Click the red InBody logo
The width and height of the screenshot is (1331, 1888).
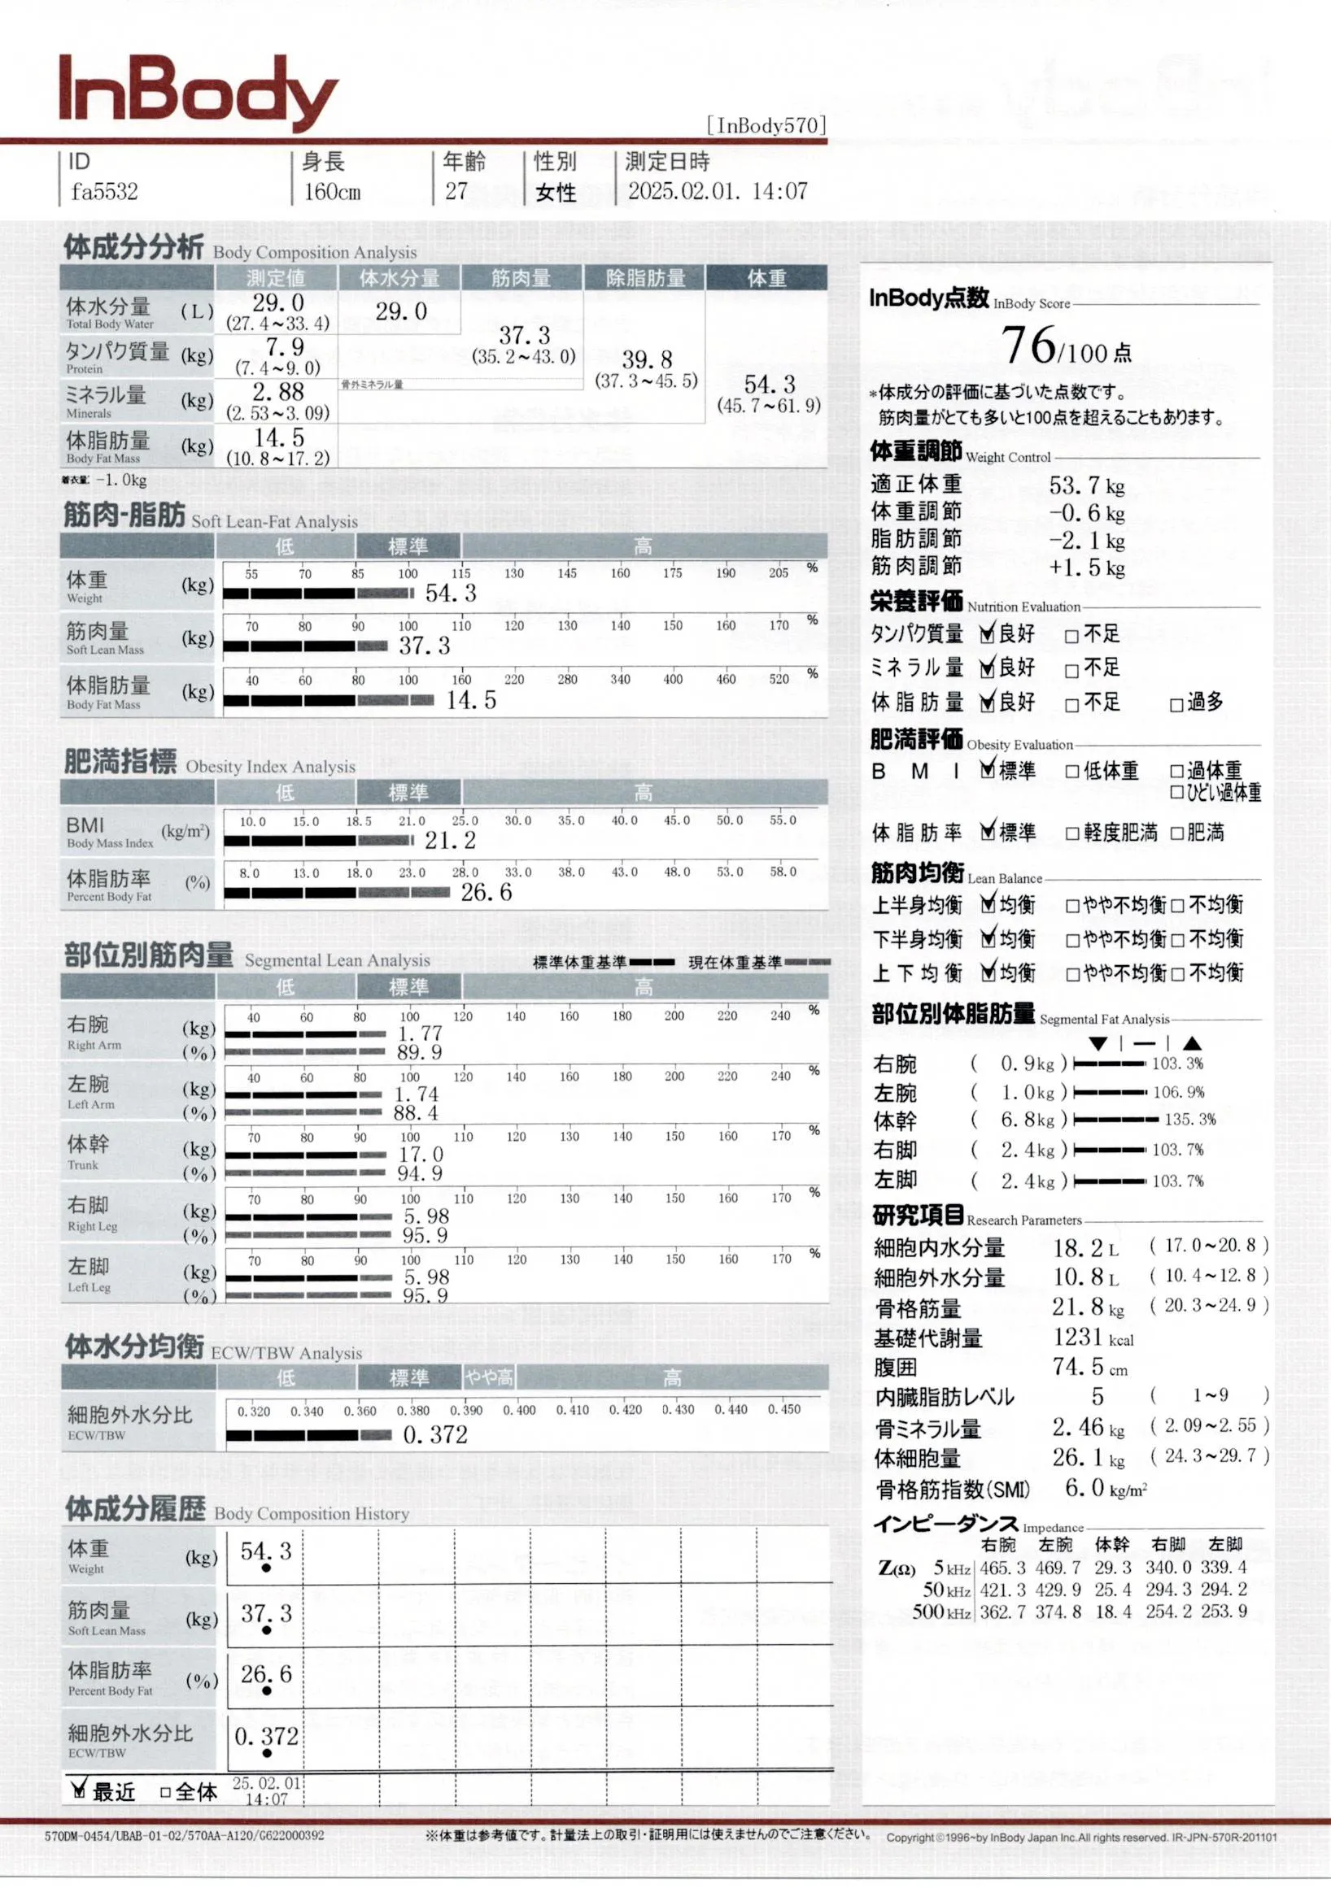(x=198, y=92)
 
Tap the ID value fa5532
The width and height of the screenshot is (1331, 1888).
(x=103, y=193)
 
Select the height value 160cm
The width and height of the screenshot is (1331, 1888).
(x=331, y=193)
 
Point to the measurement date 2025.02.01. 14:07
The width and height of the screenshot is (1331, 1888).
(x=718, y=192)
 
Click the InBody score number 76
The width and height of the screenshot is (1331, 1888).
(x=1028, y=345)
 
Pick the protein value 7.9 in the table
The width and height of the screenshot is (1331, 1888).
(x=284, y=347)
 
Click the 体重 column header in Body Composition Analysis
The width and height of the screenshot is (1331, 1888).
(x=766, y=279)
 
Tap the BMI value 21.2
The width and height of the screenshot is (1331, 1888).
(x=450, y=841)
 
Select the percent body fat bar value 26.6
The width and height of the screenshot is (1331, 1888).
(x=486, y=892)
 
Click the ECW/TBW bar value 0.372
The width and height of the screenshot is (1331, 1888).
(x=435, y=1435)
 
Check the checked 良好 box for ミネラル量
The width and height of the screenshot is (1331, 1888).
(x=988, y=668)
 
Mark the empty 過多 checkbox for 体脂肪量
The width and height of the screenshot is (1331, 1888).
(x=1176, y=705)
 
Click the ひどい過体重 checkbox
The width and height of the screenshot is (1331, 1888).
(x=1176, y=793)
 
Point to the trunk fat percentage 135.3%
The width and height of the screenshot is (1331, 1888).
(x=1189, y=1119)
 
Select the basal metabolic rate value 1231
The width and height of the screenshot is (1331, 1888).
(x=1077, y=1337)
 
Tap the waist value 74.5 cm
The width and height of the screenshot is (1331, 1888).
(x=1078, y=1367)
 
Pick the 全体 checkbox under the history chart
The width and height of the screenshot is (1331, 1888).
(x=165, y=1792)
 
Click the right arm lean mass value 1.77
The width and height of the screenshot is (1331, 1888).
(x=421, y=1033)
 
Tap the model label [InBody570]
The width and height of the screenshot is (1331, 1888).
(x=766, y=125)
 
